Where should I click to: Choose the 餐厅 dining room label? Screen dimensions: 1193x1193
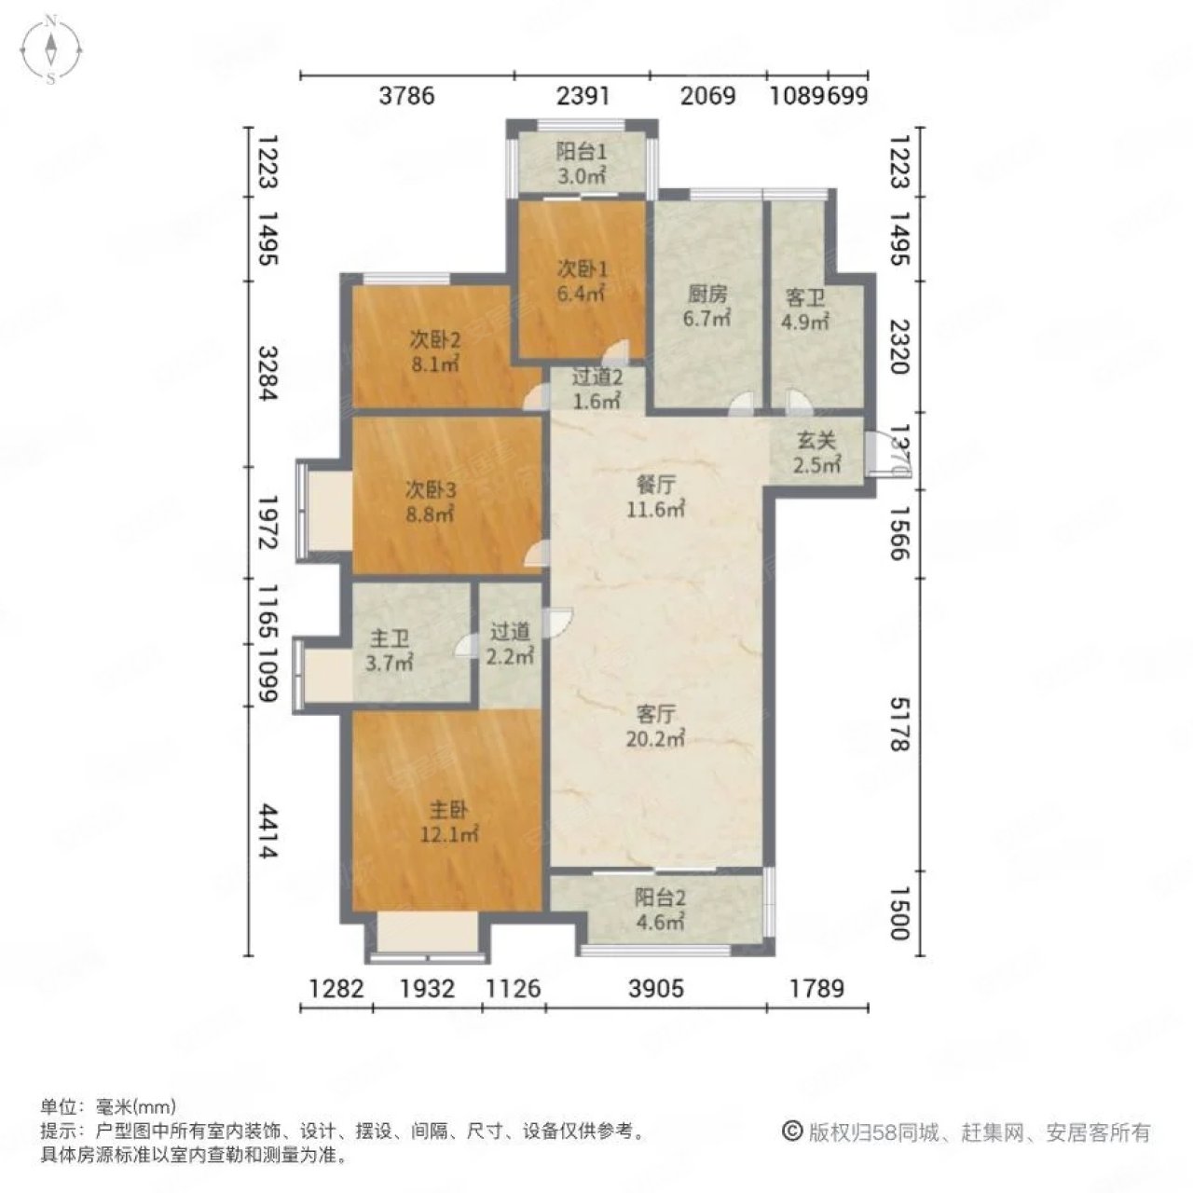click(x=656, y=497)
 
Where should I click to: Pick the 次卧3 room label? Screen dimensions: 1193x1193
click(x=430, y=501)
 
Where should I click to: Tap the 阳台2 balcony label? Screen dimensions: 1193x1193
click(x=661, y=911)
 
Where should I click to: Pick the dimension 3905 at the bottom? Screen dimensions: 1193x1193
click(x=656, y=988)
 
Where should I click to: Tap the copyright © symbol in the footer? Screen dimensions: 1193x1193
click(x=792, y=1131)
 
